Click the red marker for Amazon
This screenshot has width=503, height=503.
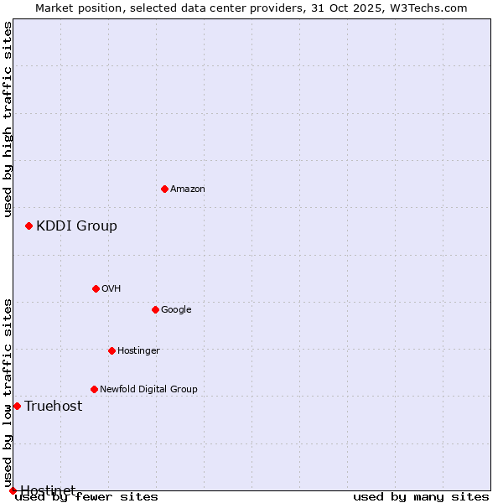(164, 189)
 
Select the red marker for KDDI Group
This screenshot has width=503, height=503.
(29, 226)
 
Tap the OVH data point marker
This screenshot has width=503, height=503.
(96, 288)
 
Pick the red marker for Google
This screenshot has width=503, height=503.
(155, 309)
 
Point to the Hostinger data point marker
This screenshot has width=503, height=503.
(111, 350)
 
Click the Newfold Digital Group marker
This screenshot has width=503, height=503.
(94, 389)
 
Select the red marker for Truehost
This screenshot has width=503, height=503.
(17, 406)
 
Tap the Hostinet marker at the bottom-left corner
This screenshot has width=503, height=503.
(13, 490)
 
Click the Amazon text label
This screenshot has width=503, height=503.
(188, 189)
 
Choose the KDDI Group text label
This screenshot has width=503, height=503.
(76, 226)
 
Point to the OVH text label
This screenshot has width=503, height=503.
(111, 288)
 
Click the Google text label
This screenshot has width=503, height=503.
(176, 309)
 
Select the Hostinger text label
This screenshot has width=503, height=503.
(138, 350)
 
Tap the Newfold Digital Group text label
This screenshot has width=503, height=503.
(148, 389)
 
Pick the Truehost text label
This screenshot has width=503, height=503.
(54, 406)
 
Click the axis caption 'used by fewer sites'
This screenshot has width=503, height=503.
(86, 497)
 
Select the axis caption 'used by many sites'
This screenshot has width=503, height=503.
(421, 497)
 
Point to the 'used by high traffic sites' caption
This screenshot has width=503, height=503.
(8, 119)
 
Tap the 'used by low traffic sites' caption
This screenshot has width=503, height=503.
(8, 386)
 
